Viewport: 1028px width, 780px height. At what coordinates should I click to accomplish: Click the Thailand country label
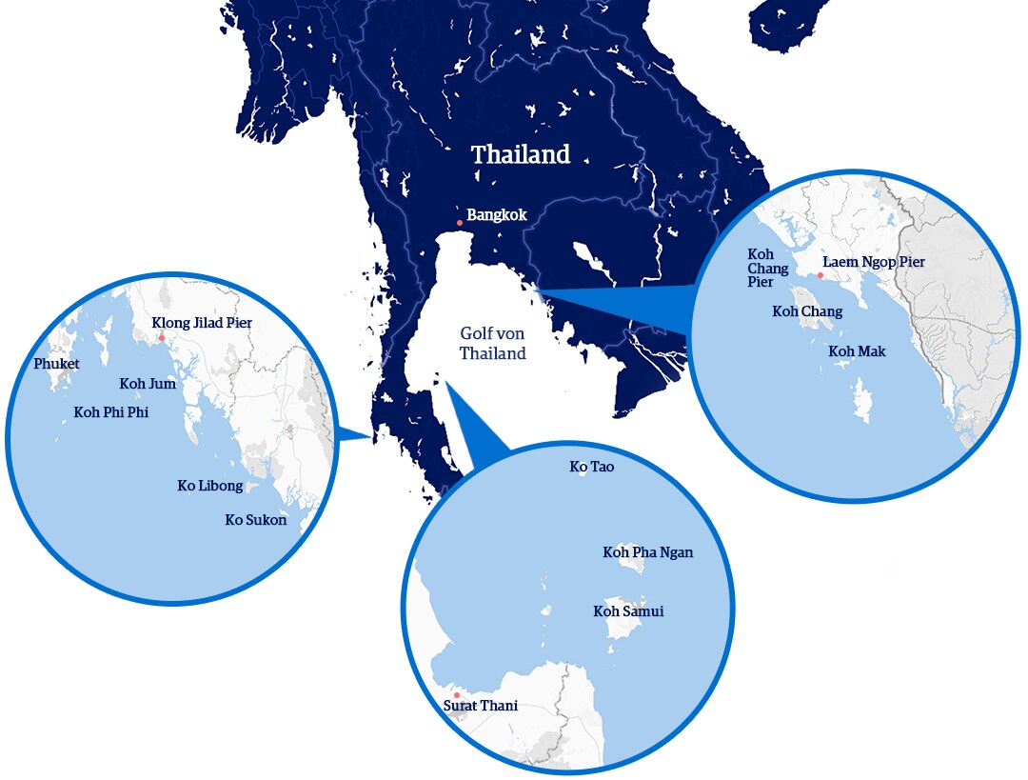521,154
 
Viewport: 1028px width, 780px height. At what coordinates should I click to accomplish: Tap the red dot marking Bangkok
460,223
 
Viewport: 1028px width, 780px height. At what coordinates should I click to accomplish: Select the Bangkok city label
496,215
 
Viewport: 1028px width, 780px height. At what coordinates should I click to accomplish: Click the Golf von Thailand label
492,344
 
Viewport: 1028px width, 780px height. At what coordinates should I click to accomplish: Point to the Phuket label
56,364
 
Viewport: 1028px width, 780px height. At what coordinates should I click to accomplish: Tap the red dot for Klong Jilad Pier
162,337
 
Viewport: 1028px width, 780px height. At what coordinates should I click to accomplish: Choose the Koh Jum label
147,384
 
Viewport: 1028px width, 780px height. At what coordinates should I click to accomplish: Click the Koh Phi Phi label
110,412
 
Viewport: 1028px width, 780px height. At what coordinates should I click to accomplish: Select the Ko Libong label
209,486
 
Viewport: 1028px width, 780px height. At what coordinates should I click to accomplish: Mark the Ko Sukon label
255,520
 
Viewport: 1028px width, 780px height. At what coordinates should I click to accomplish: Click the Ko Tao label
592,467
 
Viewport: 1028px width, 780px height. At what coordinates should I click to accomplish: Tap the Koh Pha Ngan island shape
629,566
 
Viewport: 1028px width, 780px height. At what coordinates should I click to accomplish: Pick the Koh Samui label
628,611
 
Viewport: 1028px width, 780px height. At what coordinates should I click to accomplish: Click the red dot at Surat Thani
457,695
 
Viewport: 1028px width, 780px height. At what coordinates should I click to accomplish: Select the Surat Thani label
481,706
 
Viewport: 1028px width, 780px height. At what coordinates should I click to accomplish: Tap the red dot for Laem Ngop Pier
820,274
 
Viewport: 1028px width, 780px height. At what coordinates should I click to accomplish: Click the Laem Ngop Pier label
874,262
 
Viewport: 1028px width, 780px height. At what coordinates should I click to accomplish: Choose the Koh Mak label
857,351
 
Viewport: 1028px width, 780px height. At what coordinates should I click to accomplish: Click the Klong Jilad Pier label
202,323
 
